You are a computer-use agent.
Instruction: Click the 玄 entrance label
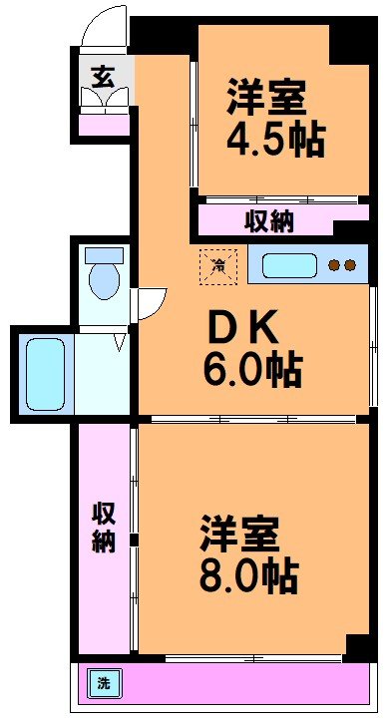tap(103, 76)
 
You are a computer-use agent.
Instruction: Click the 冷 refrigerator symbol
tap(217, 264)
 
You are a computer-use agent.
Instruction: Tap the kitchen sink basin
tap(289, 266)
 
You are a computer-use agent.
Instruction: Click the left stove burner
tap(334, 266)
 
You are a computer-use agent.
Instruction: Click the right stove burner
tap(349, 266)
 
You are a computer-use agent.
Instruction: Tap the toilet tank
tap(103, 253)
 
